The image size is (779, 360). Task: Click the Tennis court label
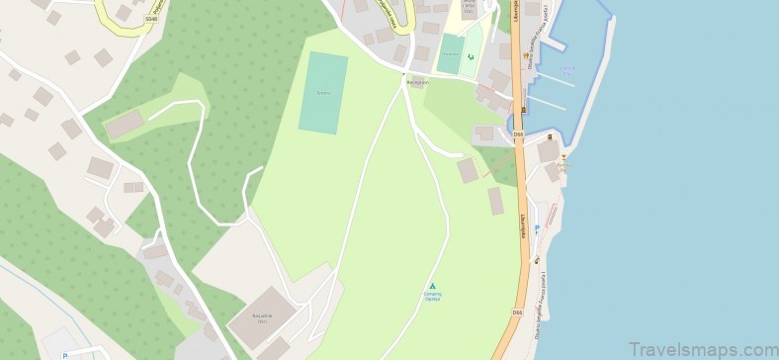(x=321, y=93)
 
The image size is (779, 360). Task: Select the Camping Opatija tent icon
(x=432, y=286)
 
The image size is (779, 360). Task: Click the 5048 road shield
(x=150, y=19)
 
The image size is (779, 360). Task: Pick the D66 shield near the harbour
(x=518, y=134)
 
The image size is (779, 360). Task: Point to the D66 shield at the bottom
(x=517, y=313)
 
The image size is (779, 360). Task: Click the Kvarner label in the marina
(x=566, y=69)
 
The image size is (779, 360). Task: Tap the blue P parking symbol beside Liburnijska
(x=537, y=227)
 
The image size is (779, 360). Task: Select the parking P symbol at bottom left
(x=64, y=355)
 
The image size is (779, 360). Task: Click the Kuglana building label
(x=262, y=318)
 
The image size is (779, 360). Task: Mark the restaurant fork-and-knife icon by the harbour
(x=550, y=135)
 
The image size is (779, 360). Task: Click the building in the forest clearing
(x=125, y=125)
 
